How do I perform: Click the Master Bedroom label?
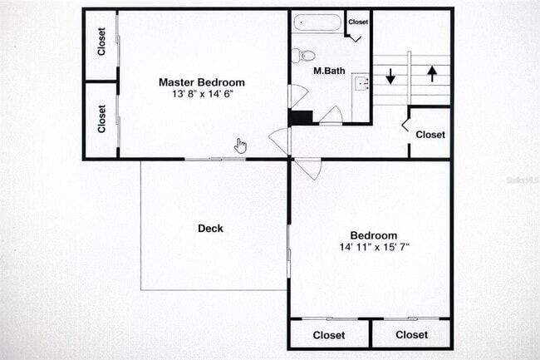point(201,82)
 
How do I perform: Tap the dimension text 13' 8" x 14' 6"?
point(201,95)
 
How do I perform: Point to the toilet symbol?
point(302,55)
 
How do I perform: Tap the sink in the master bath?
point(361,82)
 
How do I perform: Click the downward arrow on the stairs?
point(390,76)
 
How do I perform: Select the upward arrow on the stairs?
point(432,73)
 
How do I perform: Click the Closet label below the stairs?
point(430,135)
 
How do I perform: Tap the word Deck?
point(210,229)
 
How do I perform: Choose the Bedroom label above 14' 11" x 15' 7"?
point(373,235)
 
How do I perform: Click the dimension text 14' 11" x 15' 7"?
point(373,247)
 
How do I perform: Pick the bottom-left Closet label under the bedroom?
point(328,335)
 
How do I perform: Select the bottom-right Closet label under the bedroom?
point(411,335)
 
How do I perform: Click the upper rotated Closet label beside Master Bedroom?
point(101,42)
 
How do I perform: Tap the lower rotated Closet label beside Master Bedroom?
point(101,118)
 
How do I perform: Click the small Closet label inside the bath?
point(358,22)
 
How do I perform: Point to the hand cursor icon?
point(240,146)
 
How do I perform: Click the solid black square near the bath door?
point(299,117)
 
